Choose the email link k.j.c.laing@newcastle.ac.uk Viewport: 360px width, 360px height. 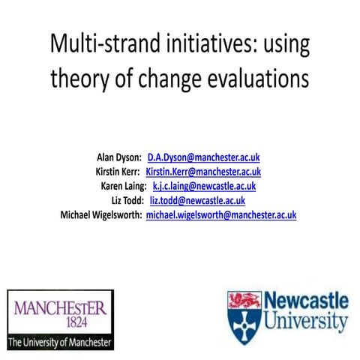[x=204, y=186]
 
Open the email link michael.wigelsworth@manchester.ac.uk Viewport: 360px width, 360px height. [x=221, y=214]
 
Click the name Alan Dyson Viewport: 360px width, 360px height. [x=119, y=158]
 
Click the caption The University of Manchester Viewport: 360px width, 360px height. [x=60, y=341]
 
